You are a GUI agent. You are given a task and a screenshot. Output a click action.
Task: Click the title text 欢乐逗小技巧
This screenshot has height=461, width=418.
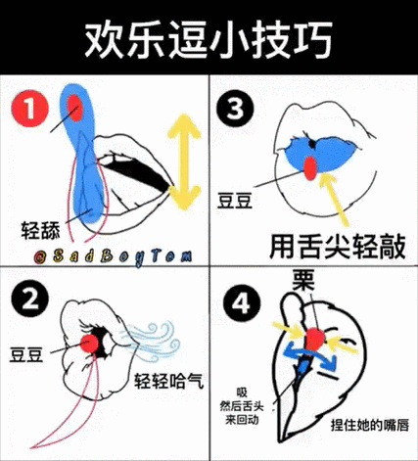click(208, 39)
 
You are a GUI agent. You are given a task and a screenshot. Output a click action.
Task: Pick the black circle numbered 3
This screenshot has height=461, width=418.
click(234, 110)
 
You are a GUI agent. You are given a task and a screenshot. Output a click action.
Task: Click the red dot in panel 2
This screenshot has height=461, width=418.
click(95, 342)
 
